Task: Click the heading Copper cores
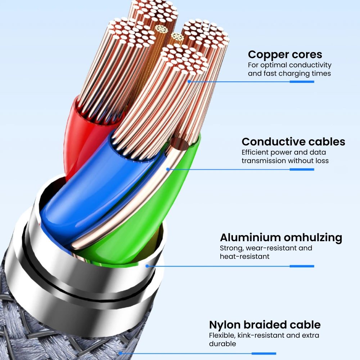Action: (x=285, y=55)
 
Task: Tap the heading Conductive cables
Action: (x=293, y=141)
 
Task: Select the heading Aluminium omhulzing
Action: (x=281, y=238)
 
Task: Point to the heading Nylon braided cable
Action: (x=265, y=325)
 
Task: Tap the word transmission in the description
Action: (x=264, y=161)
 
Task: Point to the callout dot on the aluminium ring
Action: (x=147, y=266)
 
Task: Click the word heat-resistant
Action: (x=244, y=257)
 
